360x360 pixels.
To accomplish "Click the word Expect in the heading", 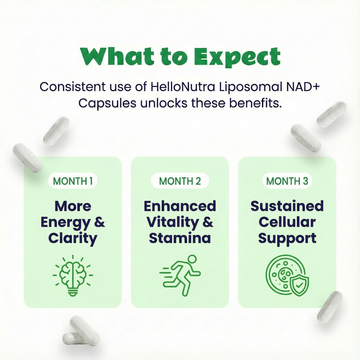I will [236, 57].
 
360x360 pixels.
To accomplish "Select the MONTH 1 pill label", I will [73, 181].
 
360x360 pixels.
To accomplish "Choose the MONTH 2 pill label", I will [180, 181].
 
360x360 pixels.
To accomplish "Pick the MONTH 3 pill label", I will [287, 181].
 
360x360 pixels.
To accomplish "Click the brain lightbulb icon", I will [73, 274].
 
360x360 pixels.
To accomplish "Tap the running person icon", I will [180, 274].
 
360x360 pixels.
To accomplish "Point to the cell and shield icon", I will [286, 274].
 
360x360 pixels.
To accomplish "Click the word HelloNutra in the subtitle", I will [179, 87].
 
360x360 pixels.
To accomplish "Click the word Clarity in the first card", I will [73, 237].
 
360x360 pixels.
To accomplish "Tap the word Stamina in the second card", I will [180, 237].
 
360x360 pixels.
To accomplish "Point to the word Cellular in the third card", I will [287, 222].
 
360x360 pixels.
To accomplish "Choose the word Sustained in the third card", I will [287, 206].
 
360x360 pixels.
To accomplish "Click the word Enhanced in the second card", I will [180, 206].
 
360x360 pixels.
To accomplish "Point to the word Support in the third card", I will [287, 237].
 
